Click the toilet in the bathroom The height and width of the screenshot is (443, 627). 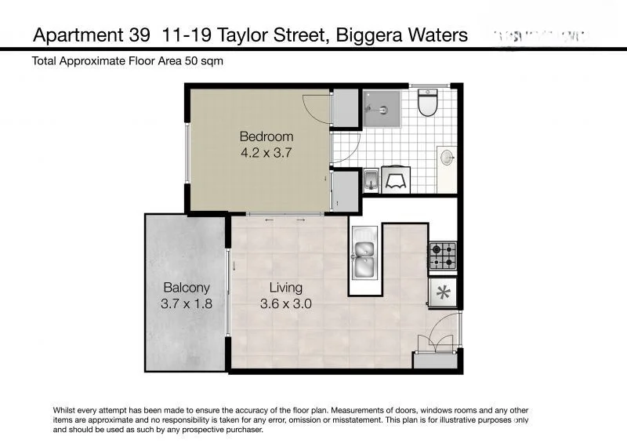(427, 103)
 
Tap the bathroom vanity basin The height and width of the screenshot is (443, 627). (448, 158)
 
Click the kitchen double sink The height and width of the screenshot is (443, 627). (364, 253)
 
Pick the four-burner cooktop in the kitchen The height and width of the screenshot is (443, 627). (442, 256)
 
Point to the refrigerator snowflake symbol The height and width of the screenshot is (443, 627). (443, 293)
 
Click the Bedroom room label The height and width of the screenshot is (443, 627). (266, 136)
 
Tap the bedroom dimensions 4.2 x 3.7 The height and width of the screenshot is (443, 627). (266, 154)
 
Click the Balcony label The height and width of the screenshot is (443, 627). (187, 288)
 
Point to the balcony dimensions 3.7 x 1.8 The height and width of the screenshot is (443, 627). (187, 304)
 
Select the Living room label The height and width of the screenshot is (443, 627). (286, 288)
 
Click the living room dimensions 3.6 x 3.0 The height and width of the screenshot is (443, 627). (286, 304)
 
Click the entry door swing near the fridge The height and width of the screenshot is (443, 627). (436, 333)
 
